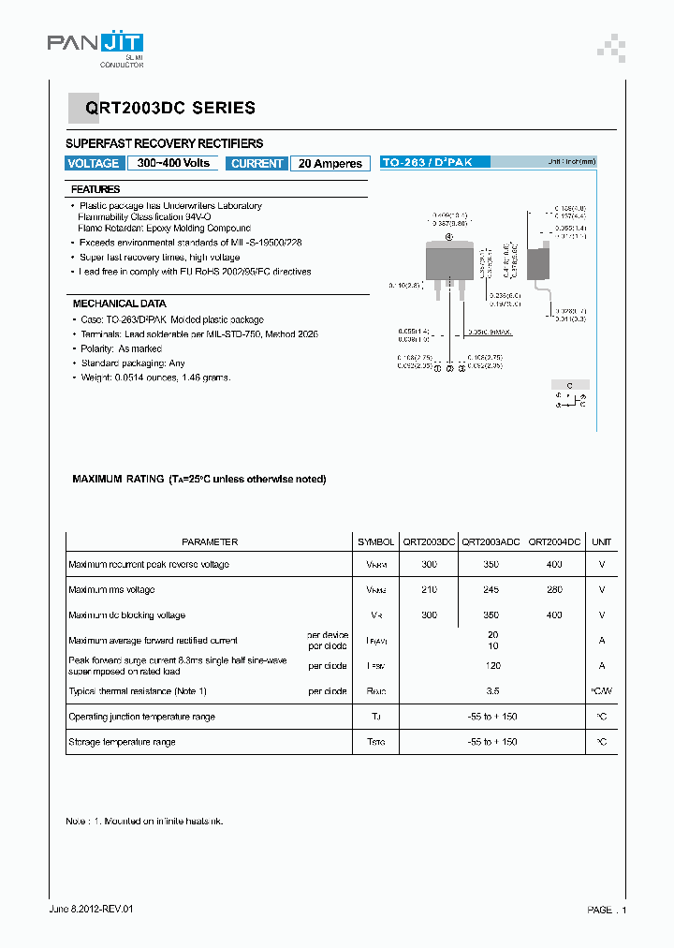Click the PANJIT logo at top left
coord(95,45)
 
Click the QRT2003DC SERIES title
coord(170,109)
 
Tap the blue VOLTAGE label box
coord(94,163)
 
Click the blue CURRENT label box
coord(256,163)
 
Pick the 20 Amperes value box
coord(330,163)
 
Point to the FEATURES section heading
coord(95,189)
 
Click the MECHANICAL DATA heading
coord(119,304)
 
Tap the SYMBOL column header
coord(375,541)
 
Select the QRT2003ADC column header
coord(491,541)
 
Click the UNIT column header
coord(602,541)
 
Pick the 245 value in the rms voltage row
coord(491,590)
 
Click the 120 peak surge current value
coord(491,666)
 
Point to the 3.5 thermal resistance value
coord(491,691)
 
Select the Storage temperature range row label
coord(122,742)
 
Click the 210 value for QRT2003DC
coord(429,590)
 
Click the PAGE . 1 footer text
coord(606,910)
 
